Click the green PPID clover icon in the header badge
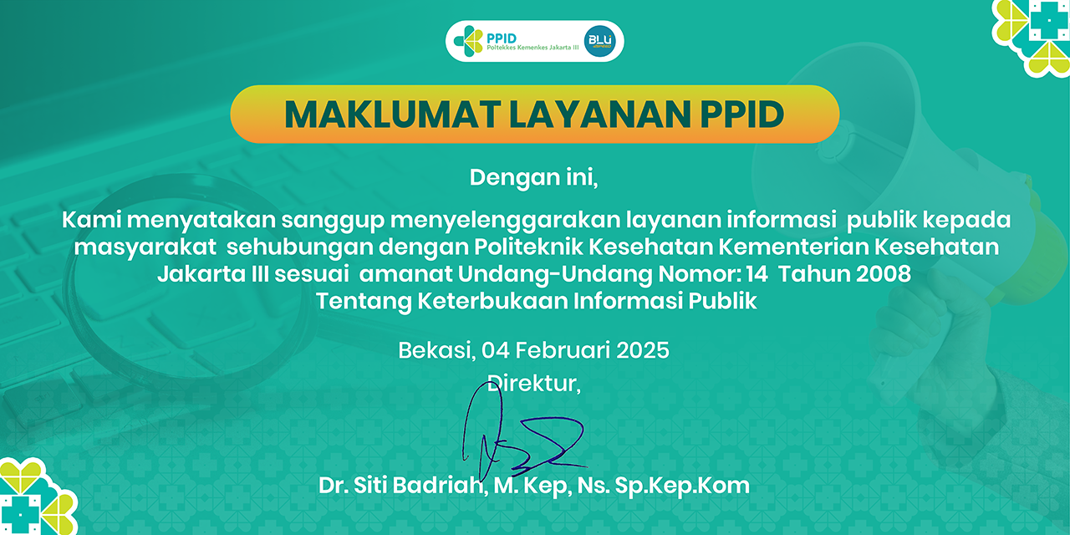tap(467, 41)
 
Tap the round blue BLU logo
tap(599, 41)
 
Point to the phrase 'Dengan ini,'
tap(534, 177)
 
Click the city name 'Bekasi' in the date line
tap(434, 349)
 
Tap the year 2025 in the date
tap(643, 349)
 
